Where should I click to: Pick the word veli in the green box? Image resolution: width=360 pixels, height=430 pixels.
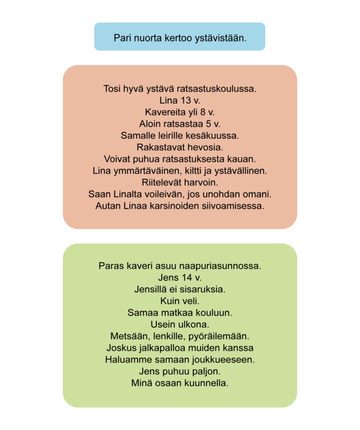[189, 301]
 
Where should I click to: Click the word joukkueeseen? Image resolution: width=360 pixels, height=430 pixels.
[221, 360]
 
